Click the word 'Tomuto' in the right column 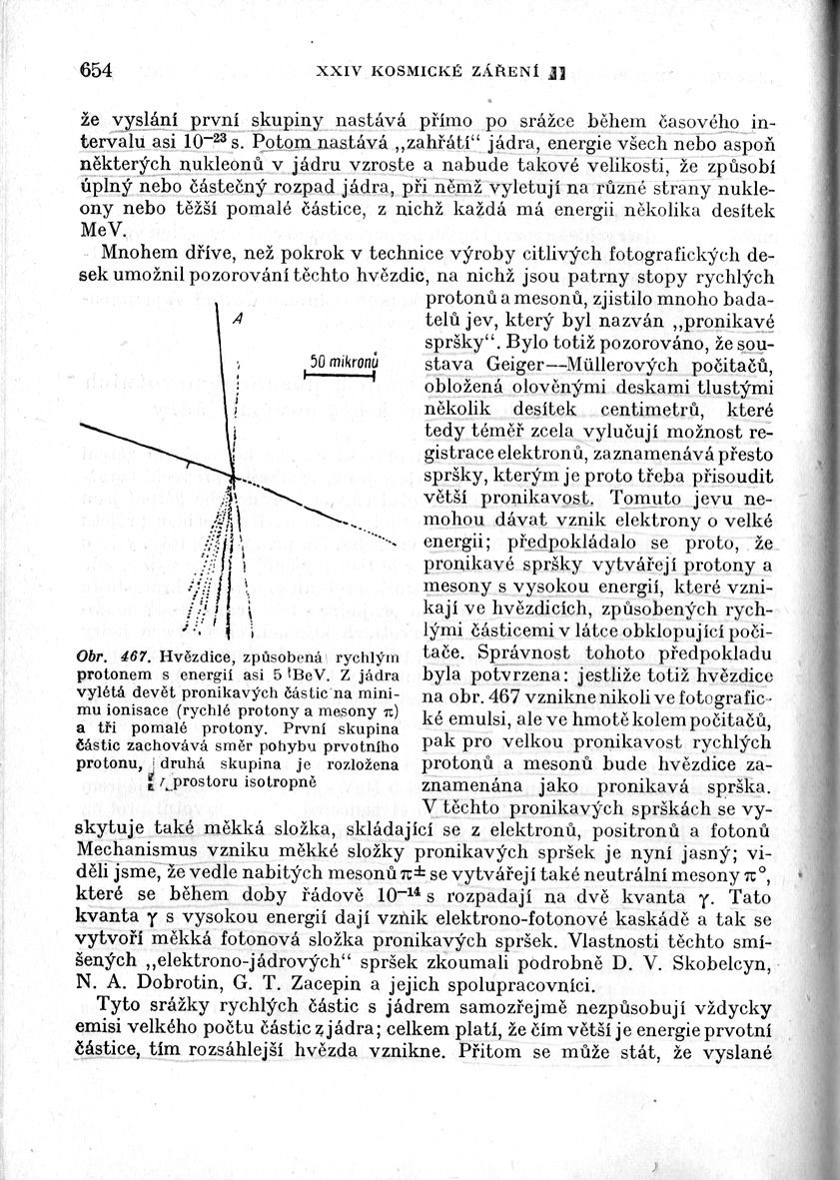point(653,498)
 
